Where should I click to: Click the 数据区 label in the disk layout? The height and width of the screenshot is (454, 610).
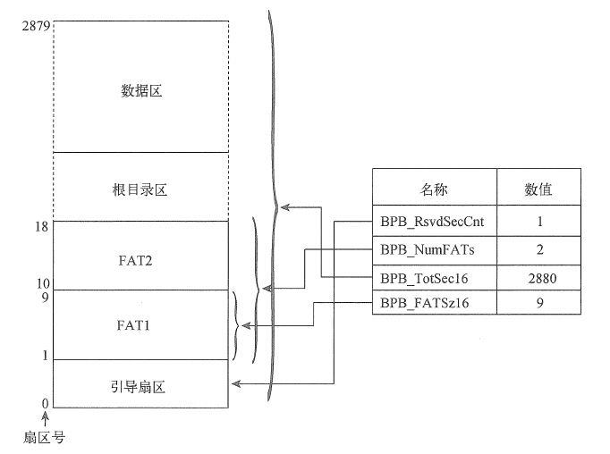(141, 90)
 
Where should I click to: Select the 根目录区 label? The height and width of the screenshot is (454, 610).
(141, 190)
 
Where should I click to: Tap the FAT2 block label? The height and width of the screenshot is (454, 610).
(141, 260)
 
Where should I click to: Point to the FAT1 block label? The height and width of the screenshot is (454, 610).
(141, 325)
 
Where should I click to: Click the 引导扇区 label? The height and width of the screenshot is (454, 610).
(141, 388)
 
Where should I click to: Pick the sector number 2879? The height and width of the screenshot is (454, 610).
(35, 21)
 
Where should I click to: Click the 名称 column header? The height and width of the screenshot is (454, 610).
(434, 189)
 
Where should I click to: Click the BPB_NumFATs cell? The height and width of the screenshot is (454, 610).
(434, 248)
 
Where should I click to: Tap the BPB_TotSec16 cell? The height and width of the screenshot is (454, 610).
(434, 278)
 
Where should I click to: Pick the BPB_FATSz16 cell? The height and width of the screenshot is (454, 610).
(434, 304)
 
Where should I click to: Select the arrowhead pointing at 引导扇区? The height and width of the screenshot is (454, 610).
(236, 384)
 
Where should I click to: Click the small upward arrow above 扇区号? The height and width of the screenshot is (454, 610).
(44, 416)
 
